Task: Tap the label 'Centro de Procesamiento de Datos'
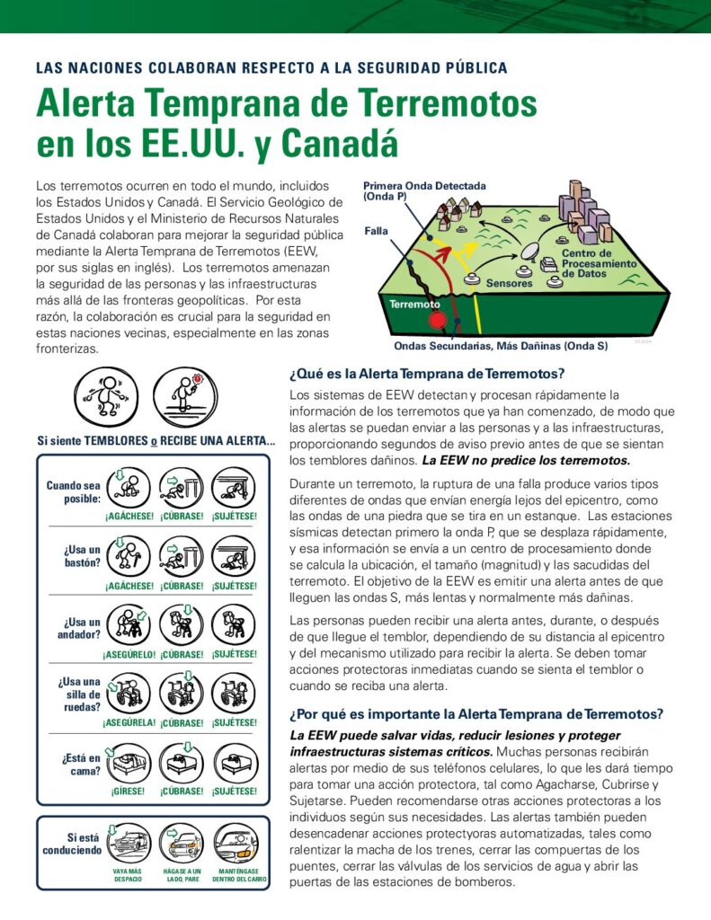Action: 599,264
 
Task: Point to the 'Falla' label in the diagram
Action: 376,231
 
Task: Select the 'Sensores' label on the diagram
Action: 509,283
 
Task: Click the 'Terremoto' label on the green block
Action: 415,304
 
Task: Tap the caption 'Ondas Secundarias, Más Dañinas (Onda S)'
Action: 501,346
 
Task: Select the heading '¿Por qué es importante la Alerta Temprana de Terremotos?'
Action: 476,714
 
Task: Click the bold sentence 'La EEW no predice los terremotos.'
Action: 526,460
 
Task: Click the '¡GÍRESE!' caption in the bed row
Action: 129,792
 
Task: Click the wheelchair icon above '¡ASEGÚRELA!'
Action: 129,693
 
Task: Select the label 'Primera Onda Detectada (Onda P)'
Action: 424,190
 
